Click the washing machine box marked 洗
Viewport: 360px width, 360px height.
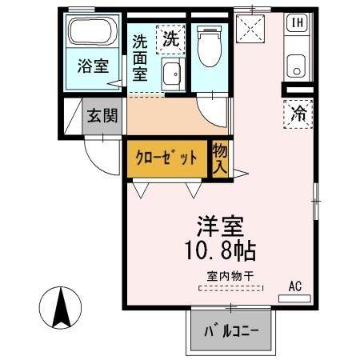click(x=170, y=36)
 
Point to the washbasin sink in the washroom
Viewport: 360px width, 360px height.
click(x=170, y=76)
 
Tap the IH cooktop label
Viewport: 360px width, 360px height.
click(x=296, y=22)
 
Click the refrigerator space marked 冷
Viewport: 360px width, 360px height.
click(x=297, y=114)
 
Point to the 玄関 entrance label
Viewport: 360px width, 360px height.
click(x=102, y=114)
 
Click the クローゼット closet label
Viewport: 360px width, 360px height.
click(x=166, y=158)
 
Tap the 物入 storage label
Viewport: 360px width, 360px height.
click(x=218, y=158)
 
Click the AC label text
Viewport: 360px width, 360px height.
click(x=295, y=286)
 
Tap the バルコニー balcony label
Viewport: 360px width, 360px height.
click(x=230, y=331)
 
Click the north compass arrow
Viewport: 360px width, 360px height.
click(x=60, y=309)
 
